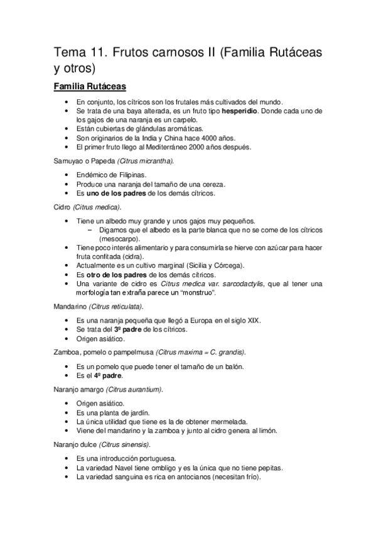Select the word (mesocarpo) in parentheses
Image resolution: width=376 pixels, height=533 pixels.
(119, 239)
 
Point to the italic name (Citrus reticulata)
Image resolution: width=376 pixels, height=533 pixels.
(116, 307)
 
